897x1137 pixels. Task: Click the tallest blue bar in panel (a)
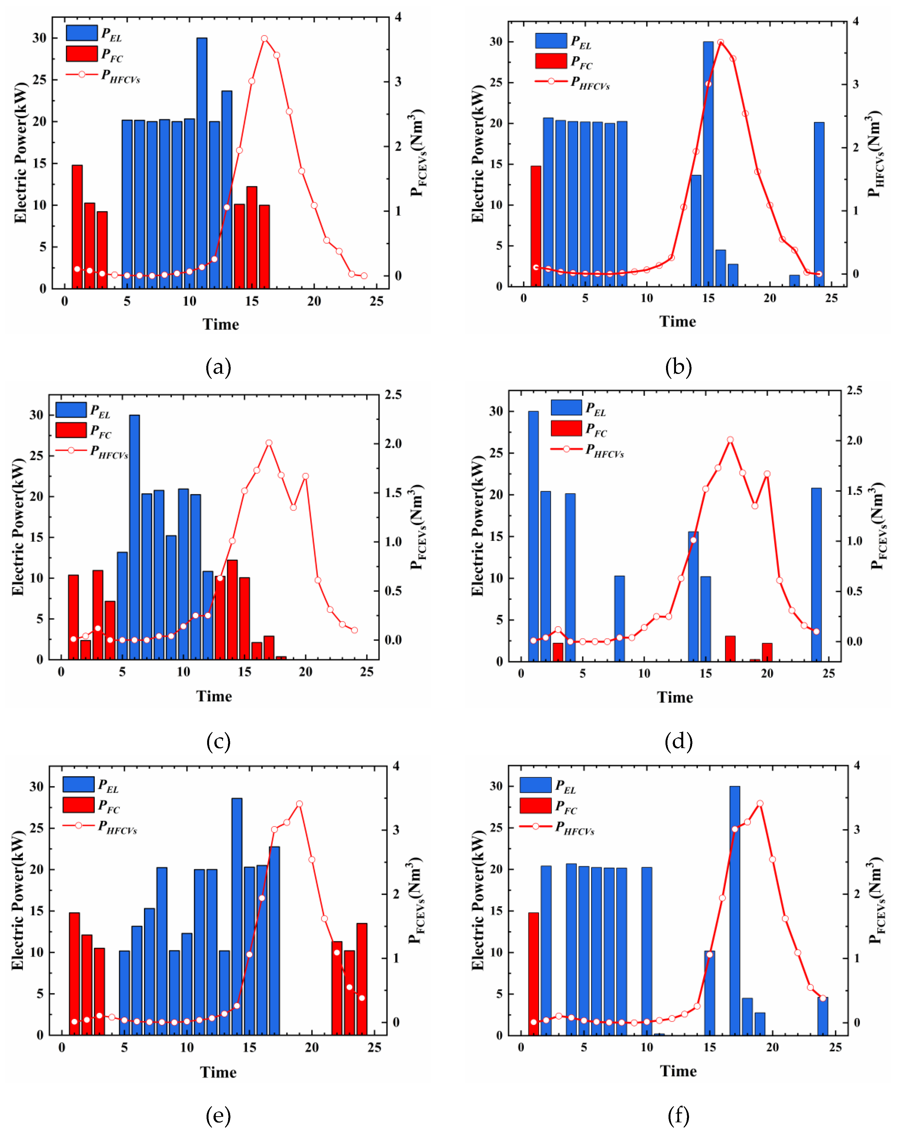202,163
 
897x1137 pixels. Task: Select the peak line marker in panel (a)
264,39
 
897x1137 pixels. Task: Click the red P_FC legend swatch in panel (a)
82,53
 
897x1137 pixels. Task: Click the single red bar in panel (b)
536,226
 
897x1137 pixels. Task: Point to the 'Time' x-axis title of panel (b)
677,321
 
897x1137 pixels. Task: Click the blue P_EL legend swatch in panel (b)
551,40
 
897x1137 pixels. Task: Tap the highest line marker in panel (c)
269,443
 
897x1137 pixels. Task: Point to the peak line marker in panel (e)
299,804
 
